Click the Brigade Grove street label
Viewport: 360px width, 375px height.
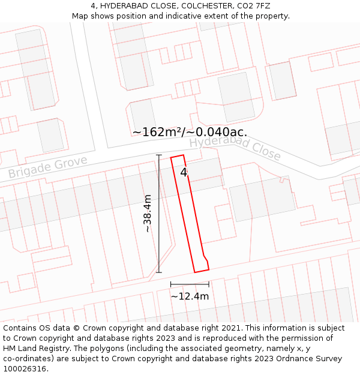click(x=47, y=167)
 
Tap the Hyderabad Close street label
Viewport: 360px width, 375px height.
click(x=235, y=148)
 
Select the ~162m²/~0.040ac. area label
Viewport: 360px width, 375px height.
click(x=190, y=132)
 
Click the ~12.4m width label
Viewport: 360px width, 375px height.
click(x=190, y=296)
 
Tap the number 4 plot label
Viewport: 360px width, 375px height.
click(x=184, y=172)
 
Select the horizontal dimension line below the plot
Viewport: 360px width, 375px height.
click(x=190, y=284)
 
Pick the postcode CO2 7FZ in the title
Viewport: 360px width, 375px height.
click(x=246, y=6)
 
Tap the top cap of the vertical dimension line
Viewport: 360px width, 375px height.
click(x=159, y=155)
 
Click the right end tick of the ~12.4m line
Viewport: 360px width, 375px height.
click(x=209, y=284)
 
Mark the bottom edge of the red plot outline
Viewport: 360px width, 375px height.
click(x=202, y=271)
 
